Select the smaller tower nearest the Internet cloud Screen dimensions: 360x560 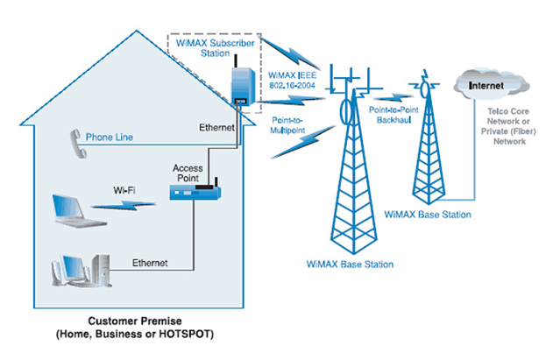[x=429, y=140]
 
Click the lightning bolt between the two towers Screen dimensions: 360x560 [x=396, y=95]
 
